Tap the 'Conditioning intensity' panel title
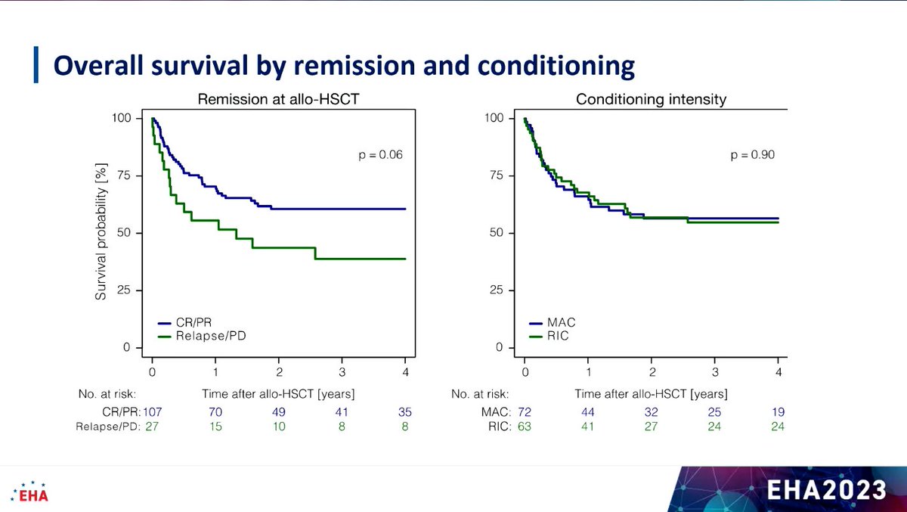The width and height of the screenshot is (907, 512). click(x=651, y=100)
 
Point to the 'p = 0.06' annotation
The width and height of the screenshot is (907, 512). click(x=380, y=155)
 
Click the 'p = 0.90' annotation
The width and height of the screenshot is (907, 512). click(x=753, y=155)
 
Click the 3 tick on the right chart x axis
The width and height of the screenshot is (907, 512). click(x=715, y=372)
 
